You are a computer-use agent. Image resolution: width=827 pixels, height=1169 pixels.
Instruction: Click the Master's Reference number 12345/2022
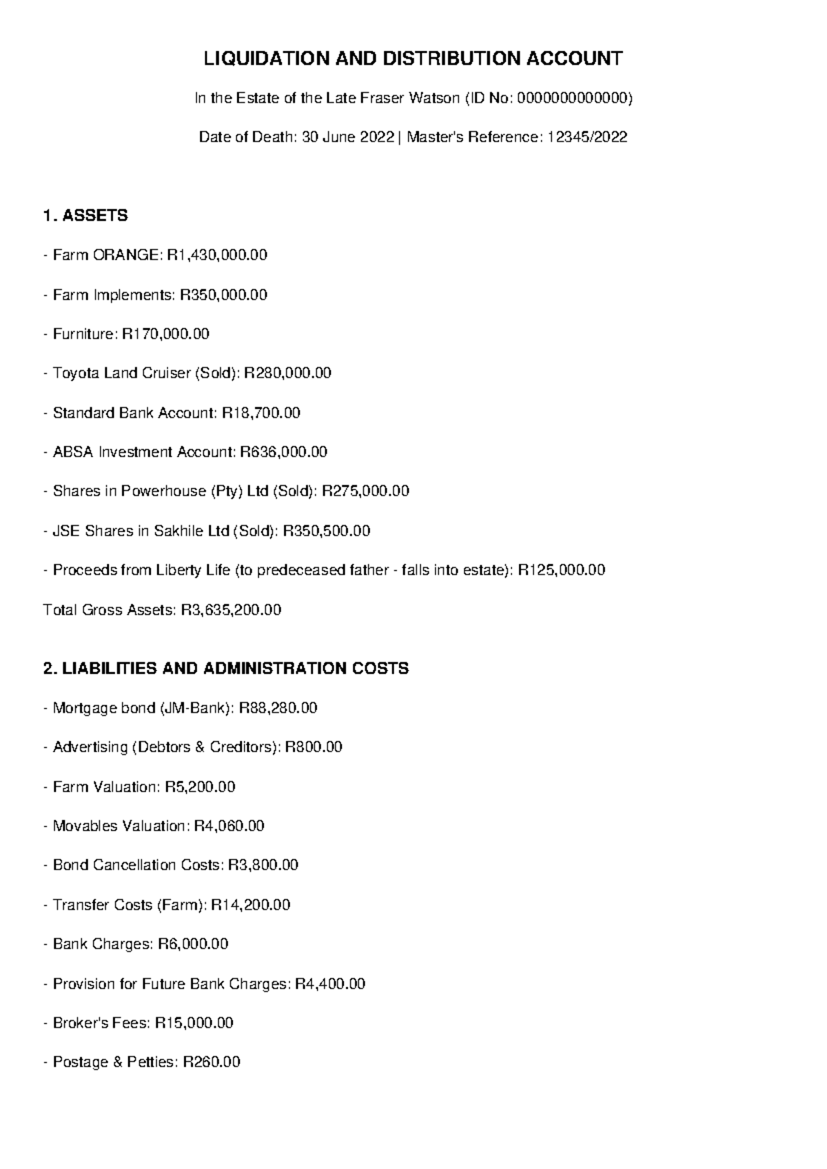click(x=586, y=137)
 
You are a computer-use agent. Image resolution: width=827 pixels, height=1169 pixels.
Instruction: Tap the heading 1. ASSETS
click(x=85, y=216)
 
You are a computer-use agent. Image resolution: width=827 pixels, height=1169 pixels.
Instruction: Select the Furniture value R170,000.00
click(x=165, y=334)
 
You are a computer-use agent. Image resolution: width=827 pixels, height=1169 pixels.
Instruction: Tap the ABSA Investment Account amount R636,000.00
click(x=283, y=452)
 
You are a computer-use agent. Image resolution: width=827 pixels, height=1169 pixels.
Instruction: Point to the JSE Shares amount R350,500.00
click(x=327, y=531)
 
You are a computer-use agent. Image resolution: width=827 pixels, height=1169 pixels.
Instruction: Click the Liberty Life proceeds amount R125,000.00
click(x=561, y=570)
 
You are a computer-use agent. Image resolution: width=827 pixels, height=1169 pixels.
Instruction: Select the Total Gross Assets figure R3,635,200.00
click(x=231, y=610)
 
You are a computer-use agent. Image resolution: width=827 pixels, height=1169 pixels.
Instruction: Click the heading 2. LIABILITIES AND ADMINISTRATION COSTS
click(x=226, y=669)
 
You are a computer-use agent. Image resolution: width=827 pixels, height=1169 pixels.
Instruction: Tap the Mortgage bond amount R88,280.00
click(x=278, y=708)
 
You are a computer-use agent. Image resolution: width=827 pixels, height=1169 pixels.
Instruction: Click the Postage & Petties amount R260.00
click(x=211, y=1062)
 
